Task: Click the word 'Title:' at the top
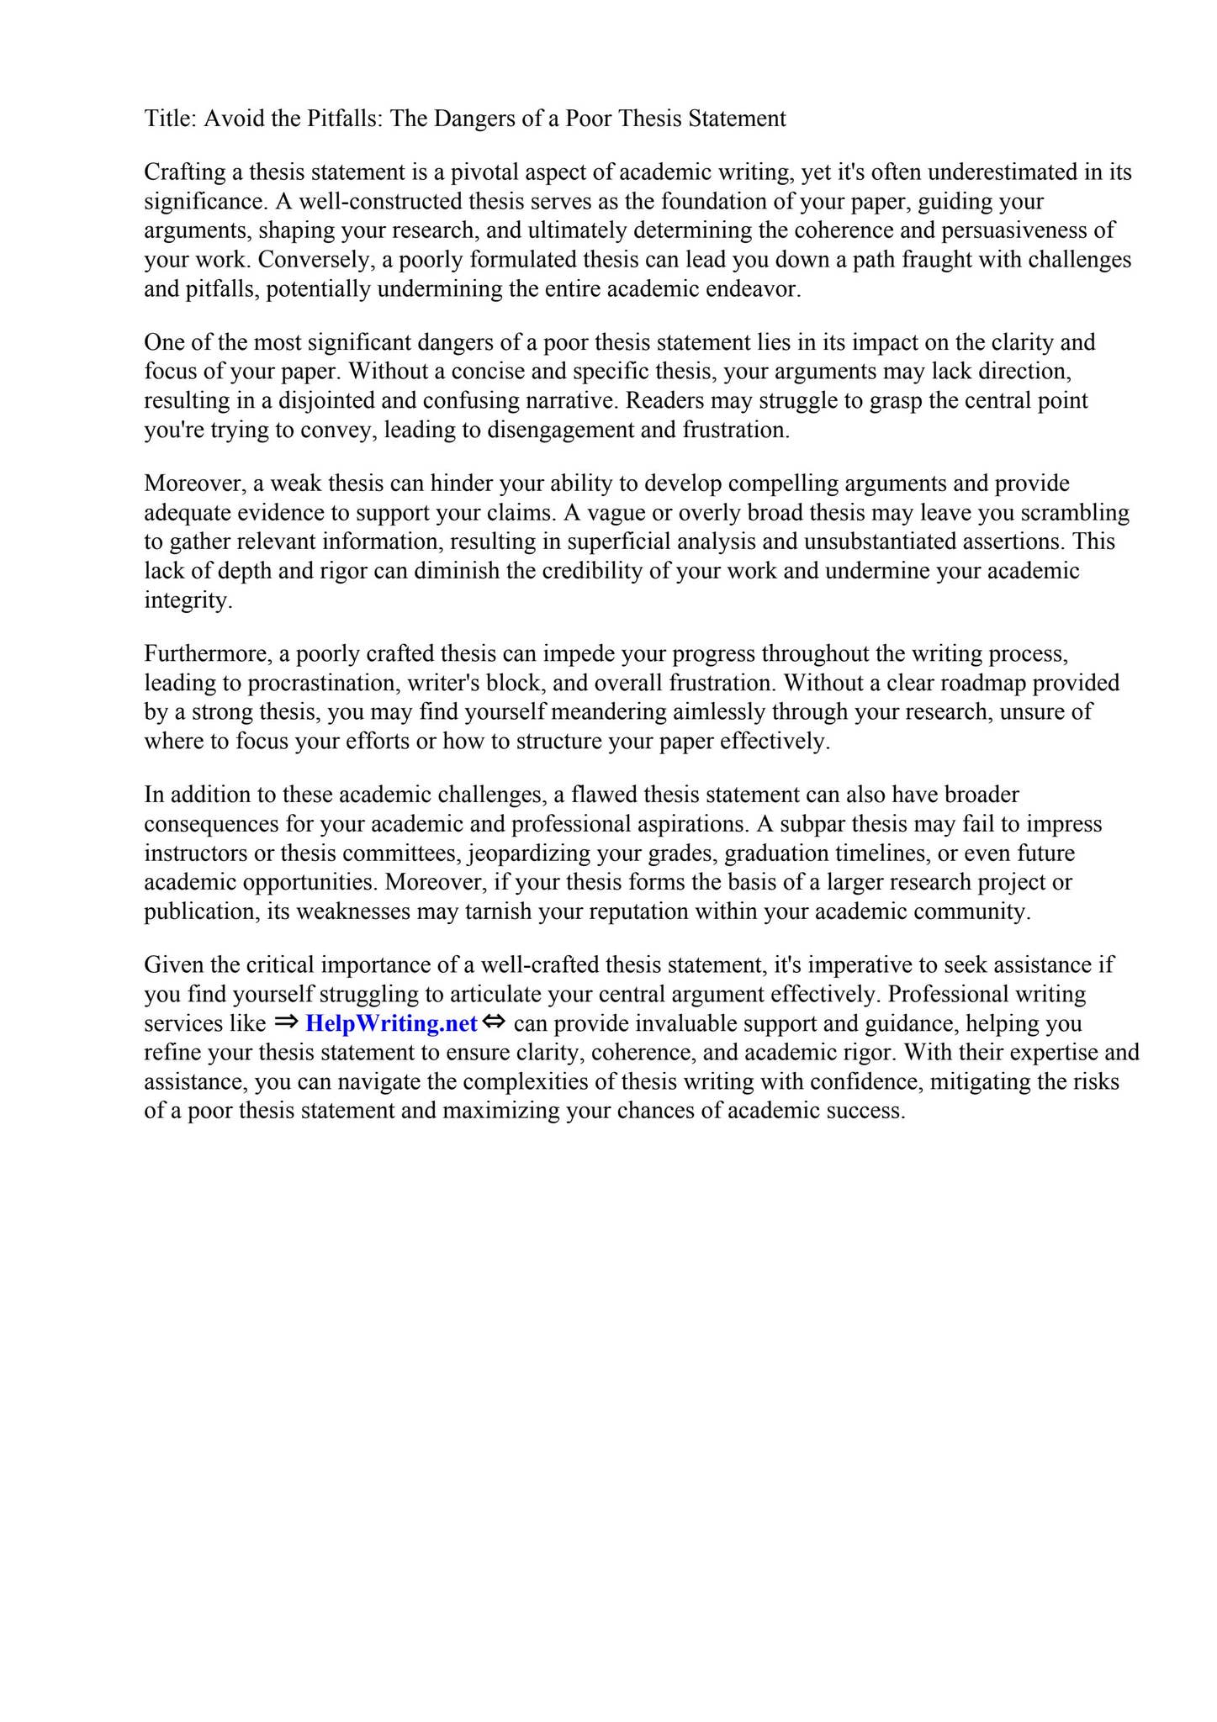coord(171,119)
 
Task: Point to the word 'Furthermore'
coord(209,654)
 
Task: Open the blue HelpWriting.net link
coord(391,1024)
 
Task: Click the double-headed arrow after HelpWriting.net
coord(494,1022)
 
